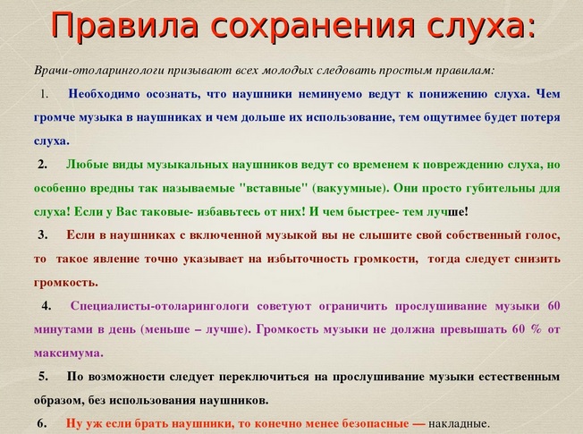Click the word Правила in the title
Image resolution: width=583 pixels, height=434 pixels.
[x=124, y=25]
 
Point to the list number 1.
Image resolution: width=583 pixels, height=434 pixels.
[x=44, y=95]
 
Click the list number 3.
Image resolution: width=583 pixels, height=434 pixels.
[x=43, y=234]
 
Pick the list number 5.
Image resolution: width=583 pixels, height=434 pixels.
[x=44, y=377]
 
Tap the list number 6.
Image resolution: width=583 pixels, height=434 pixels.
[x=42, y=423]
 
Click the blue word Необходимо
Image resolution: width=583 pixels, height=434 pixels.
[x=104, y=94]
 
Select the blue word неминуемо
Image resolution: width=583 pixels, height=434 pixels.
[x=330, y=94]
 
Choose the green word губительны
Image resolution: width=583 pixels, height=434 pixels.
[x=493, y=189]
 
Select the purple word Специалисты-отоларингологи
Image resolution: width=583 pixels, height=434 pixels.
[x=159, y=306]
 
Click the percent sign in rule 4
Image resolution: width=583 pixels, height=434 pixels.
[x=536, y=329]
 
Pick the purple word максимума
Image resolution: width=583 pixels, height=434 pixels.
[x=69, y=353]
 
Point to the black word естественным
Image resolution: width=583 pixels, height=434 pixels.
[x=519, y=377]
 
